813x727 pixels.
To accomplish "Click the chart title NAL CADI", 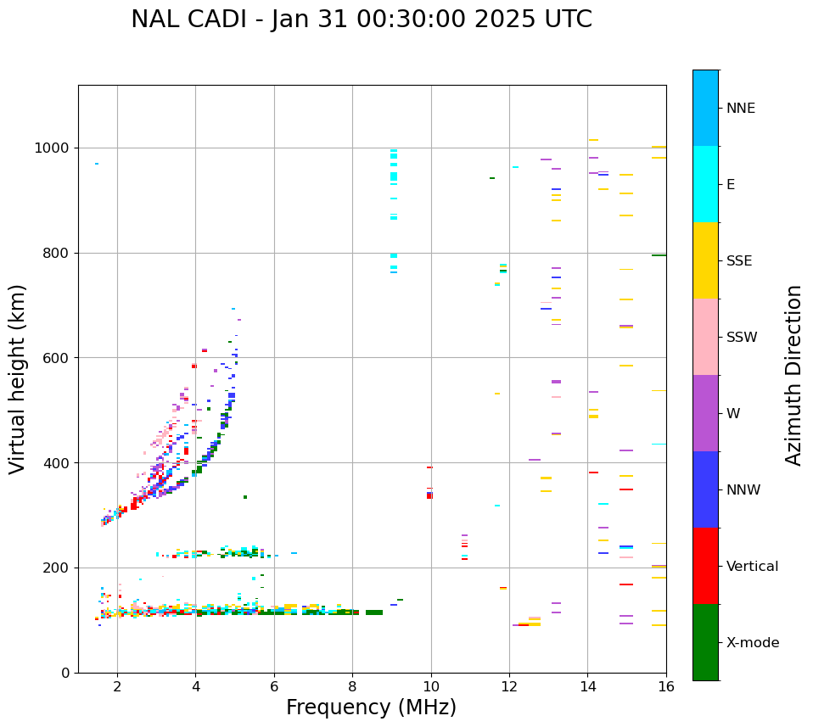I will click(362, 20).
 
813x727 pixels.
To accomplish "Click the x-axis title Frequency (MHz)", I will click(371, 707).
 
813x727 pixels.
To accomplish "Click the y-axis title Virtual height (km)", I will click(18, 378).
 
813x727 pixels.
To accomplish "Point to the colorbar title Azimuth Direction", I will click(793, 375).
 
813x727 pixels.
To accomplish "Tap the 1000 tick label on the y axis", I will click(52, 148).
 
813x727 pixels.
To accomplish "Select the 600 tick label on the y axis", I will click(56, 358).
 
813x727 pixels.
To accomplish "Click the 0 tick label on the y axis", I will click(64, 673).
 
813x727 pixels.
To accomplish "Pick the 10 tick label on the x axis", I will click(431, 687).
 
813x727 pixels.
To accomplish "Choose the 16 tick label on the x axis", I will click(666, 687).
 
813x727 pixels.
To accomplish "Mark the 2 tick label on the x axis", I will click(117, 687).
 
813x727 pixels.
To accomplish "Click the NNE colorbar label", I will click(741, 109).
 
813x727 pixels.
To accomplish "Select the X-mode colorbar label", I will click(753, 643).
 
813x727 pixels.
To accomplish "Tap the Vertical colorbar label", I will click(753, 567).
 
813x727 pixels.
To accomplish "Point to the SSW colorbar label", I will click(742, 338).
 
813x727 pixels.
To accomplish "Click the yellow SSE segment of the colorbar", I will click(705, 260).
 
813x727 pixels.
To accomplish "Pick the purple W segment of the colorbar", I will click(705, 413).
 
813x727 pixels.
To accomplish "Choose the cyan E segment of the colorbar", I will click(705, 184).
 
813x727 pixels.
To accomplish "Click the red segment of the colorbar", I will click(705, 566).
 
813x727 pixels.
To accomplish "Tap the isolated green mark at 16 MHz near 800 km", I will click(659, 255).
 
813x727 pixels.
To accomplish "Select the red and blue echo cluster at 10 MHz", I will click(429, 495).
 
